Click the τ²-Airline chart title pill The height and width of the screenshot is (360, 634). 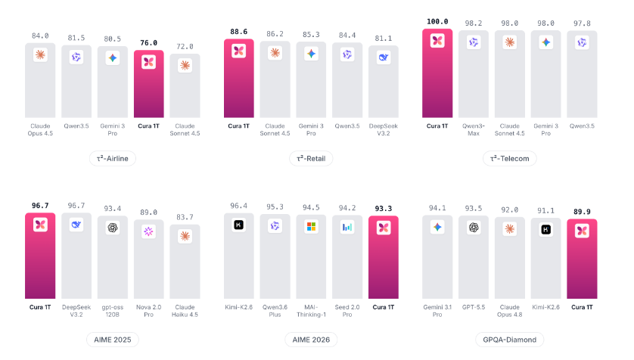tap(113, 158)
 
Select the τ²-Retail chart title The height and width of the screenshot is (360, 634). tap(311, 158)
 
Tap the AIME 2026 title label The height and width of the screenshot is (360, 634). tap(311, 340)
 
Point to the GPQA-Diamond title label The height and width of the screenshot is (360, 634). tap(509, 340)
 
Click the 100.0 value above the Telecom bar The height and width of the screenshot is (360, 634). tap(437, 21)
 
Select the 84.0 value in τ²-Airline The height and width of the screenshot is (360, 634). tap(40, 36)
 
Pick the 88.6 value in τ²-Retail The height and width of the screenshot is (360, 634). tap(238, 32)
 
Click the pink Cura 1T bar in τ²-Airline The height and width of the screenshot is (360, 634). tap(149, 84)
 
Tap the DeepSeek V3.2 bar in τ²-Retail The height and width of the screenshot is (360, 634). tap(384, 82)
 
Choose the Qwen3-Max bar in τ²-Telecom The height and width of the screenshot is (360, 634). tap(474, 74)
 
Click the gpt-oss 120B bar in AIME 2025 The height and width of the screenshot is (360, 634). tap(113, 257)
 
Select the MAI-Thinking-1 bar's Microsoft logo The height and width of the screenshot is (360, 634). tap(311, 227)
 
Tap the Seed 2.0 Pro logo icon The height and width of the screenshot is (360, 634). tap(347, 227)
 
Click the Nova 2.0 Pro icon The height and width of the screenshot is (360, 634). tap(149, 231)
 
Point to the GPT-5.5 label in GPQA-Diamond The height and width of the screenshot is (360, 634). tap(474, 307)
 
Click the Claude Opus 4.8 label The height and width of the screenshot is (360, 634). tap(509, 311)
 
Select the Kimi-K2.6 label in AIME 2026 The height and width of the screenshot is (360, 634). tap(238, 307)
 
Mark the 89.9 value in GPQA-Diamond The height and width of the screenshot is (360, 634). tap(582, 212)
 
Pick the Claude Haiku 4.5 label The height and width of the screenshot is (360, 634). tap(185, 311)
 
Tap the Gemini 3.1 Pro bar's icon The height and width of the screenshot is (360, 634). tap(437, 227)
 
